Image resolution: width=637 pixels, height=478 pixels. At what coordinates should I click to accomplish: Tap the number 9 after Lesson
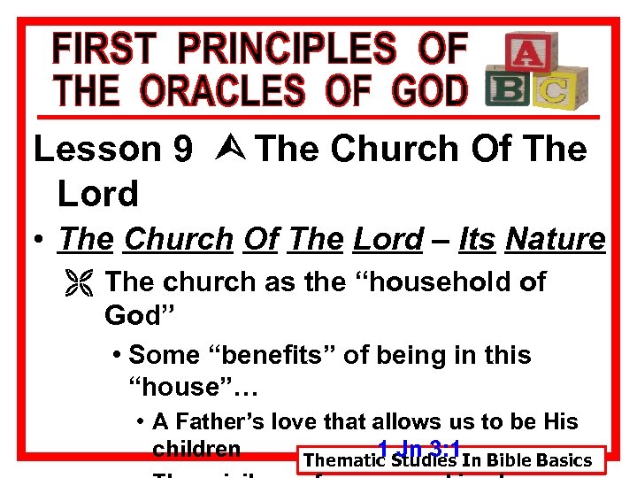182,150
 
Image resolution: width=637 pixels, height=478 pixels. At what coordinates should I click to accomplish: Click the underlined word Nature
555,239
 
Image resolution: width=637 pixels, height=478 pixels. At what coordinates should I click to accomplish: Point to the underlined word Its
478,239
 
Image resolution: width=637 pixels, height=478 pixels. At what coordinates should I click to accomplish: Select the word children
196,449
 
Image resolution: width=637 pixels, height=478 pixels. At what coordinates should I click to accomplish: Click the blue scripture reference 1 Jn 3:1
415,447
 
